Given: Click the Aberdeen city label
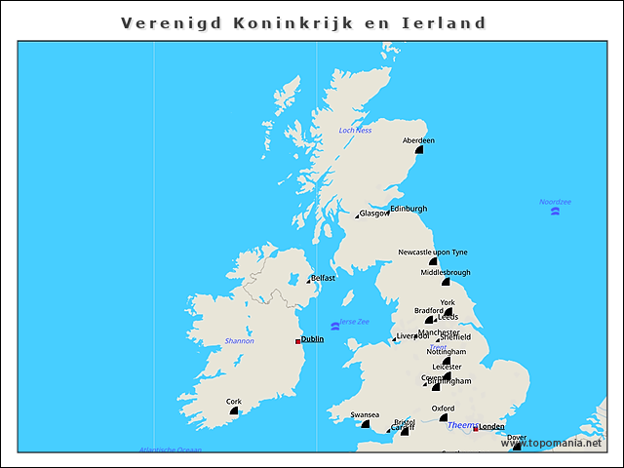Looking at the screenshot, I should pyautogui.click(x=418, y=140).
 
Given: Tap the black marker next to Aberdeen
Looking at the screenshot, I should pyautogui.click(x=419, y=150).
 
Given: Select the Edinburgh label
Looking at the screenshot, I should pyautogui.click(x=409, y=209).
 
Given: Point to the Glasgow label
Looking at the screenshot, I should pyautogui.click(x=374, y=214).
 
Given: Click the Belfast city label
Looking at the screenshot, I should pyautogui.click(x=323, y=278).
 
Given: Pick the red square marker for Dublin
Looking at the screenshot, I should pyautogui.click(x=297, y=341).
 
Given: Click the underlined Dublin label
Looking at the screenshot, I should pyautogui.click(x=312, y=339).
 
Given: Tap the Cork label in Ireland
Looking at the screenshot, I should pyautogui.click(x=234, y=401).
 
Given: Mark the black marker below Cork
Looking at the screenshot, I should pyautogui.click(x=234, y=411).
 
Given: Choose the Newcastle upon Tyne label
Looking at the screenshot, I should pyautogui.click(x=433, y=253).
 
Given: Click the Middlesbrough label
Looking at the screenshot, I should pyautogui.click(x=446, y=273).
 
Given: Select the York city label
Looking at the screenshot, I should pyautogui.click(x=447, y=303).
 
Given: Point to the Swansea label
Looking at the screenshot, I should pyautogui.click(x=365, y=414).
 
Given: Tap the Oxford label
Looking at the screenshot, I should pyautogui.click(x=443, y=409).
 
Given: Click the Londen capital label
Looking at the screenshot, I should pyautogui.click(x=492, y=426).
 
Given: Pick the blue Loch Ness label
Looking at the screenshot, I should pyautogui.click(x=355, y=130).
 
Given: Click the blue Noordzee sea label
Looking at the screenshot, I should pyautogui.click(x=555, y=202).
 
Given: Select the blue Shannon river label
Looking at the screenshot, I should pyautogui.click(x=239, y=341).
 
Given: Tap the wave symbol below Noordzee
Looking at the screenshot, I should pyautogui.click(x=554, y=212).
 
